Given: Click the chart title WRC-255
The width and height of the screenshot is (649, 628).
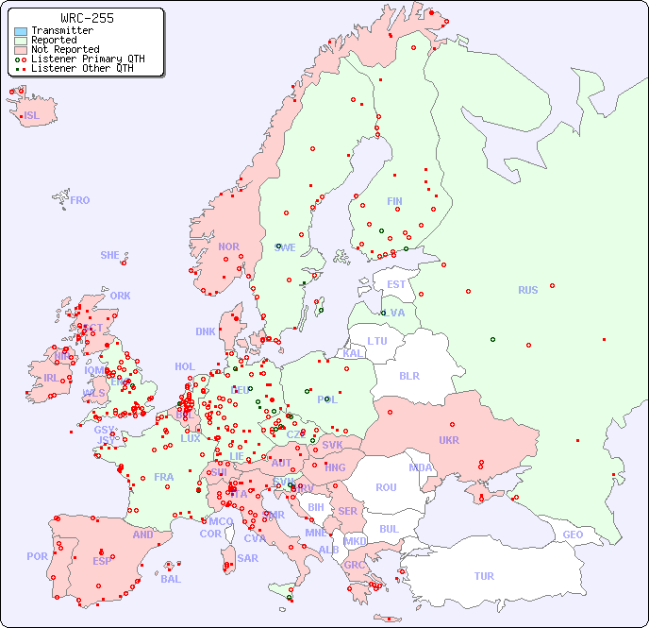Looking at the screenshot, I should point(87,18).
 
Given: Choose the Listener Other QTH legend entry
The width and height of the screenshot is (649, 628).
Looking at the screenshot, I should point(84,68).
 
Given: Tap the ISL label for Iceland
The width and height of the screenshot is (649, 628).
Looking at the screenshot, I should point(32,116).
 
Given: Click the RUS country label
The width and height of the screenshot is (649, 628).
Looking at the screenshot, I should point(527,290).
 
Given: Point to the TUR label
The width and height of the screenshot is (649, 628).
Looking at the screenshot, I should point(484,576).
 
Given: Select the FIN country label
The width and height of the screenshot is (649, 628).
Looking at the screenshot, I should point(394,201).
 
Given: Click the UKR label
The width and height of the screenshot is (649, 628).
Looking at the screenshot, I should point(449,440).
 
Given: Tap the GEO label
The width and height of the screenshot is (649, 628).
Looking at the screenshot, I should point(573,535).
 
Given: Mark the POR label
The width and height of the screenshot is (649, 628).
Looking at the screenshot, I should point(37,556).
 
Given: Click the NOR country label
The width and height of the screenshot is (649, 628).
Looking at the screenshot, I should point(228,246).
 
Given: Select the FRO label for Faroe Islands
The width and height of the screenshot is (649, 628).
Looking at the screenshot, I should point(80,200).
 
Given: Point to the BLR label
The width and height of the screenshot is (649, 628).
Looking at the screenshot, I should point(408,375).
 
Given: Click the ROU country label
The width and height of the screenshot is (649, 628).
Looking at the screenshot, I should point(386,487).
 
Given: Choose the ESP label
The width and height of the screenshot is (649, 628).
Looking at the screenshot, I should point(102,560).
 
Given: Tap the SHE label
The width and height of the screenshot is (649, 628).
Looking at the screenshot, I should point(110,255).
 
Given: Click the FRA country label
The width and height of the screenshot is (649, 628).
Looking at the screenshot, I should point(164,477).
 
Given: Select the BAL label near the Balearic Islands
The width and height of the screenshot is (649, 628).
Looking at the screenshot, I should point(171,579).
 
